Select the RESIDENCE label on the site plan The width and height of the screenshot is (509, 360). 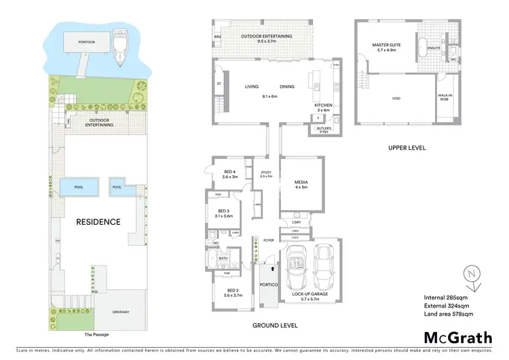(x=98, y=221)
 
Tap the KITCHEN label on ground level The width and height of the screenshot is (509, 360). (x=322, y=106)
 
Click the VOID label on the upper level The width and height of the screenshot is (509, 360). (x=396, y=98)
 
